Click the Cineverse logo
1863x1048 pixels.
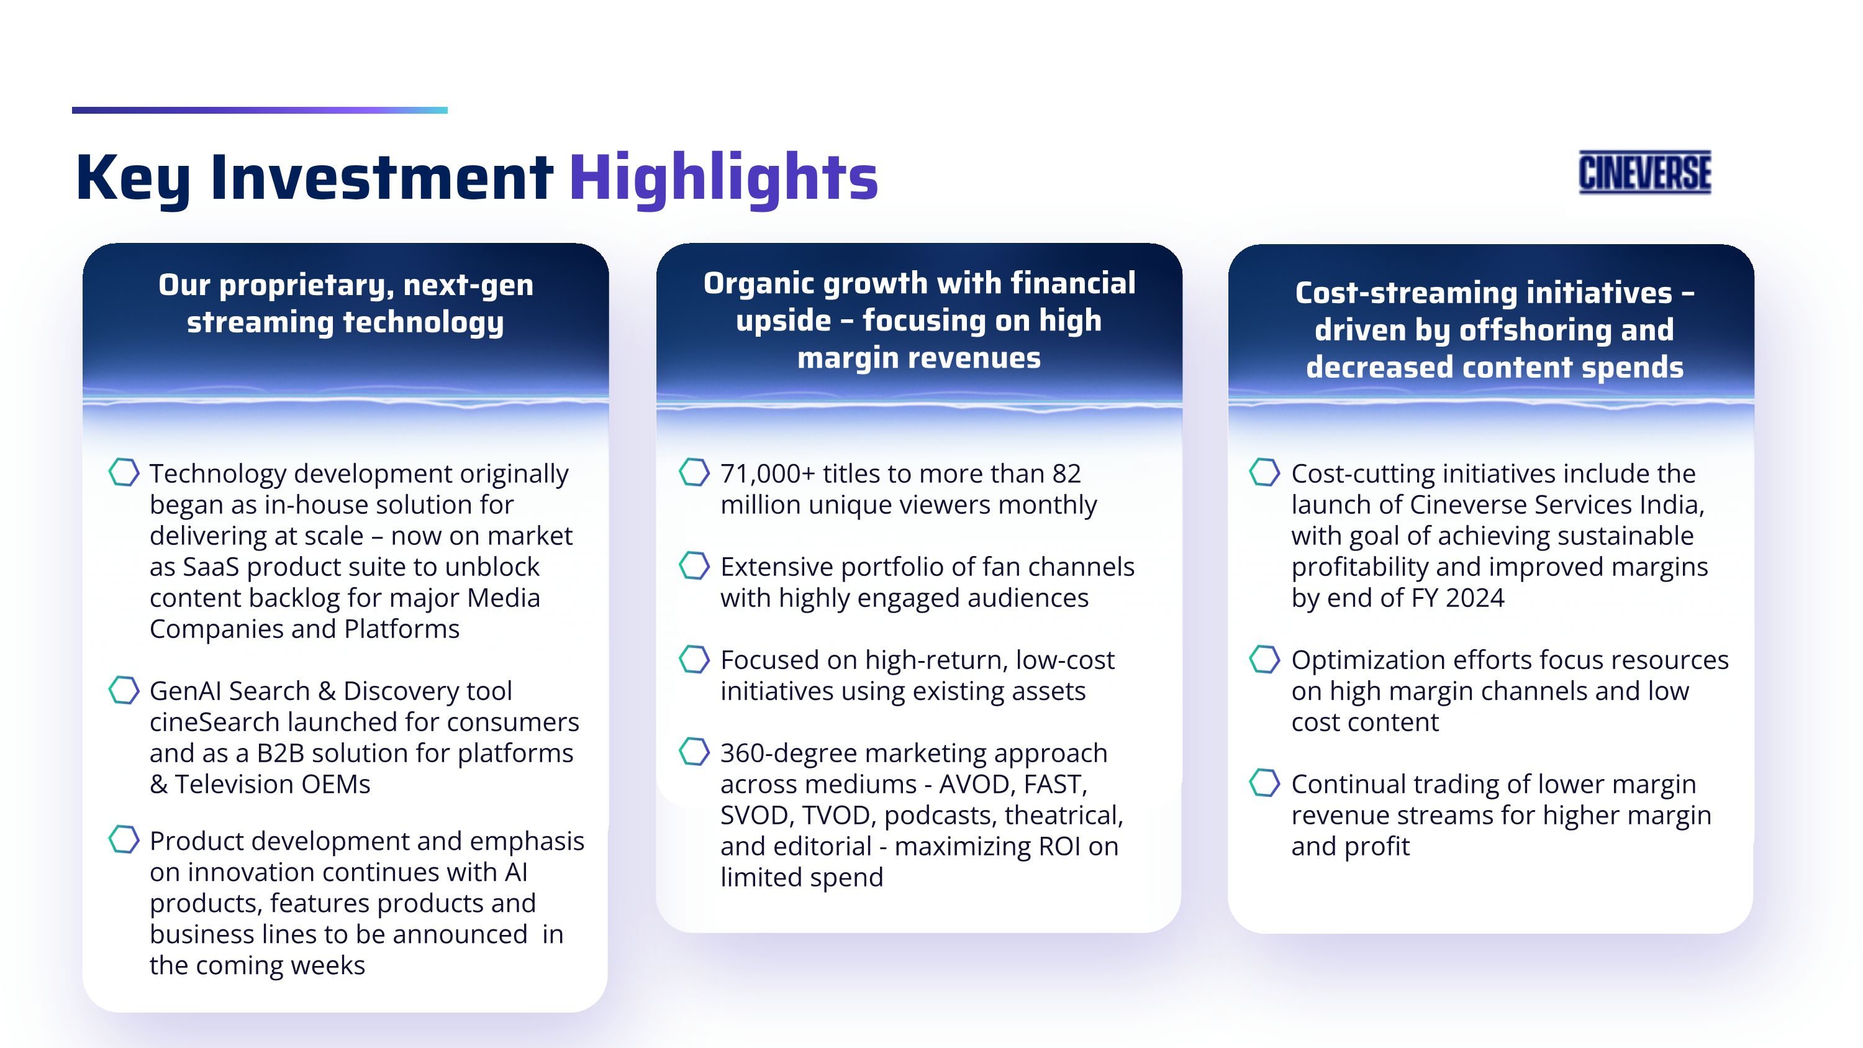click(x=1644, y=172)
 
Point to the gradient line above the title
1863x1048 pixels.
click(x=260, y=110)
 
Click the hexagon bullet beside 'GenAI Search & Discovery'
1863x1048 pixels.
click(x=124, y=690)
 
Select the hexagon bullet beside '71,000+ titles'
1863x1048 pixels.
click(x=694, y=472)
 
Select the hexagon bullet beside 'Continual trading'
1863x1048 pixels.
click(x=1265, y=783)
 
